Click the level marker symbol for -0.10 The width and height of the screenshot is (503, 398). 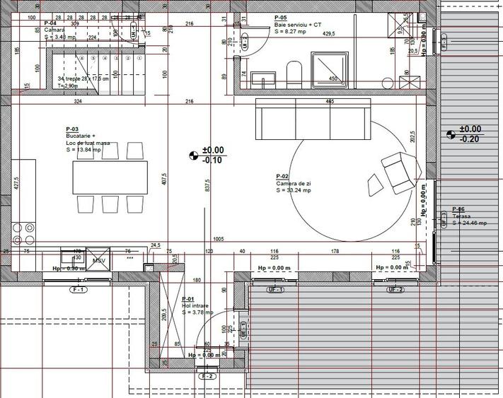coord(195,155)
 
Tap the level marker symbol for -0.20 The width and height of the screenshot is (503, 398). coord(451,134)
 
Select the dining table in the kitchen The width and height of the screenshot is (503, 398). coord(110,177)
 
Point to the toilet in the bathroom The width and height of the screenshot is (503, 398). coord(294,73)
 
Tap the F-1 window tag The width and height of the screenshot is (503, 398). coord(76,290)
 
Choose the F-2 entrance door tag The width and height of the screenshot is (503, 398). coord(208,376)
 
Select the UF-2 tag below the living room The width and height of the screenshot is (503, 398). coord(395,290)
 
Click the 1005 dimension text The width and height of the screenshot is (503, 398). coord(218,240)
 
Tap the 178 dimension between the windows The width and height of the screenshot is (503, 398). coord(335,251)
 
